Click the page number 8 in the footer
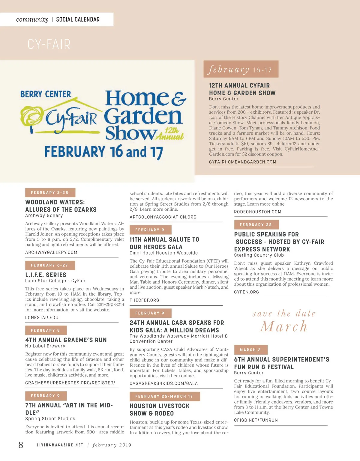click(x=21, y=445)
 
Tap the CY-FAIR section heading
click(x=49, y=44)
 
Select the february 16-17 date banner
click(x=241, y=70)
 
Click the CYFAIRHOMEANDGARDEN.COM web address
click(x=242, y=162)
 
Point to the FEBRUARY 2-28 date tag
click(x=50, y=192)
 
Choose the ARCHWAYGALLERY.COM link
click(x=51, y=252)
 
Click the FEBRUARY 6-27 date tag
click(x=50, y=265)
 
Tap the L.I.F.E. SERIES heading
click(x=46, y=275)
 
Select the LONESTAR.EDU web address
click(x=42, y=317)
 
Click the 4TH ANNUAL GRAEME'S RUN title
click(x=66, y=340)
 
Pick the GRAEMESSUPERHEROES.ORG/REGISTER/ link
click(x=70, y=383)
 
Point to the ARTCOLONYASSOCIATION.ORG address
click(x=163, y=217)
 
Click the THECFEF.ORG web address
click(x=144, y=300)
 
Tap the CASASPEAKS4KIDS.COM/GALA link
click(x=163, y=383)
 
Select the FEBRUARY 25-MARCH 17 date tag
click(x=164, y=396)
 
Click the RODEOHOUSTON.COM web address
click(x=258, y=212)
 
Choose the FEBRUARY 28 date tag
click(x=256, y=225)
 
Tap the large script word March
click(x=283, y=326)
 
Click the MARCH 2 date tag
click(x=250, y=350)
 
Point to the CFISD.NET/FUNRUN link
click(x=256, y=420)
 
